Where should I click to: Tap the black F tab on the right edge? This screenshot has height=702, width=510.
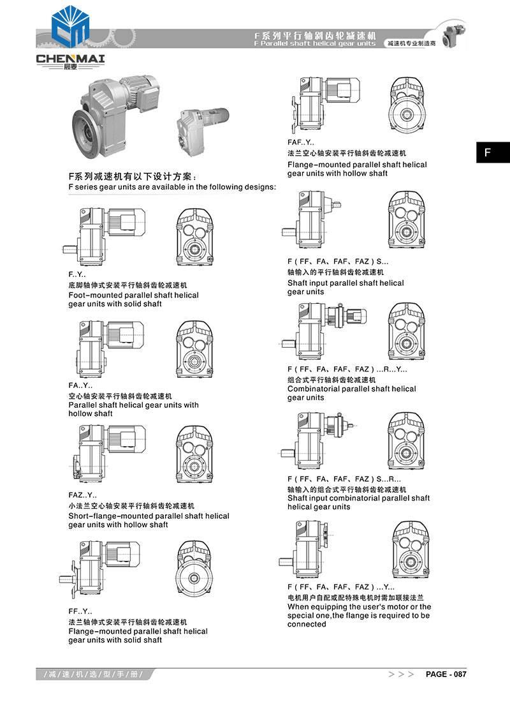tap(493, 153)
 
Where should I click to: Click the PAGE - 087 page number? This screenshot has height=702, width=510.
tap(446, 675)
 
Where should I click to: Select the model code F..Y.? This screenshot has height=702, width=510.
tap(77, 275)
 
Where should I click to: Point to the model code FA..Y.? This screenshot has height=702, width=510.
tap(80, 385)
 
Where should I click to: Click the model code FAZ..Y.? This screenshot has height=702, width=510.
tap(83, 495)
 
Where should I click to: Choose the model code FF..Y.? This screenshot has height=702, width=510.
tap(80, 611)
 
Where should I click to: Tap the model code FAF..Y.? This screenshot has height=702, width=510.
tap(301, 143)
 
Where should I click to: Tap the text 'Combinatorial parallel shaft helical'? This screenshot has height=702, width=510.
tap(351, 389)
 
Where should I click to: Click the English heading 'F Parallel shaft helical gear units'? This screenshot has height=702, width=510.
tap(315, 44)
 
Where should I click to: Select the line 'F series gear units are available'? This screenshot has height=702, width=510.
tap(172, 187)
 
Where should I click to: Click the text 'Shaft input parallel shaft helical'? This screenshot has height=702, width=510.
tap(346, 283)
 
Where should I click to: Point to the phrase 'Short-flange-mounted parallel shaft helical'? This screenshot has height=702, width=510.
tap(149, 516)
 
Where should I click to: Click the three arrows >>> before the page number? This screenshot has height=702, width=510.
tap(402, 675)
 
